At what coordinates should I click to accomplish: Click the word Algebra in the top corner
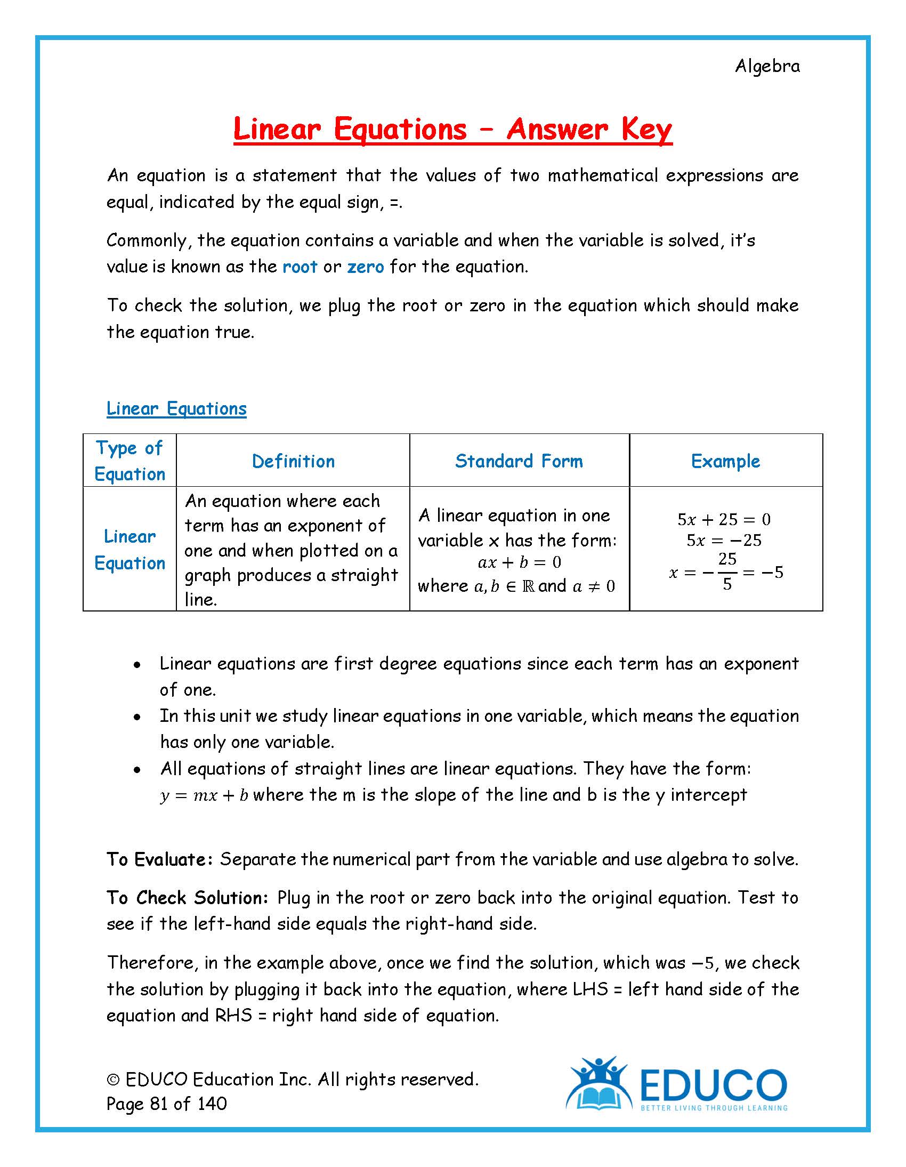767,66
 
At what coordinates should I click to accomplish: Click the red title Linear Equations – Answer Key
452,130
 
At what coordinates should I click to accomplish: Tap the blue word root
300,267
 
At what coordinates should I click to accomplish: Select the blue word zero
366,267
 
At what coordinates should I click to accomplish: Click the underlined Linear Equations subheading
176,409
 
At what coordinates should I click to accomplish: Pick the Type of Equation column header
130,461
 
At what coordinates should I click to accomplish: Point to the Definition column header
293,461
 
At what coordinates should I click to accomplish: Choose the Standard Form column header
519,461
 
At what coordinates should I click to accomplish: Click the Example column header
725,461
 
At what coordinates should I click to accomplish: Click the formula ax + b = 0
519,562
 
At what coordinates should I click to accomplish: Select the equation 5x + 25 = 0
724,519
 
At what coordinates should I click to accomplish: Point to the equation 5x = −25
724,541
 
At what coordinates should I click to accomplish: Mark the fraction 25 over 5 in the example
727,572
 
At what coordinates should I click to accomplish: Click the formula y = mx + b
204,795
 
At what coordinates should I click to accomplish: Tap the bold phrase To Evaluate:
160,859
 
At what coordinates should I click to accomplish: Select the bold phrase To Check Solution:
187,898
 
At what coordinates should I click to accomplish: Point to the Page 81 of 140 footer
167,1104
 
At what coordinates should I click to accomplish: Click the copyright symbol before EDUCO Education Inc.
113,1080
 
